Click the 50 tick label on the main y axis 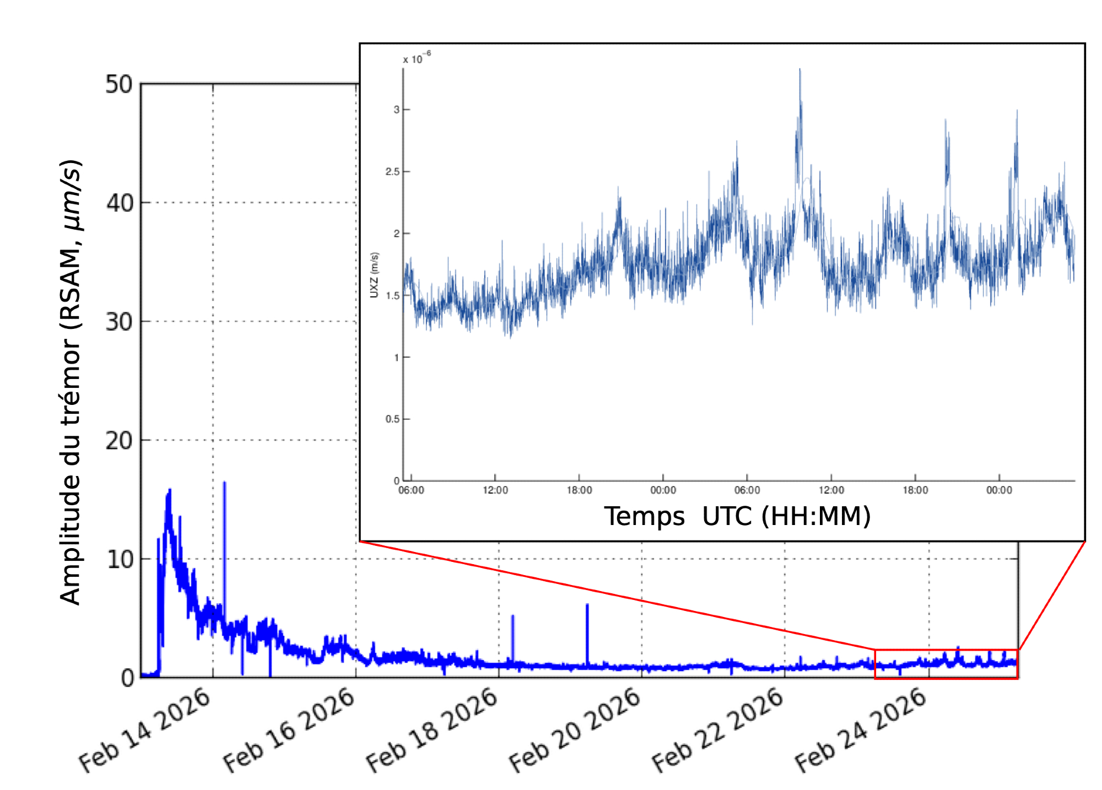tap(119, 85)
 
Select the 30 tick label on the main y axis tap(119, 322)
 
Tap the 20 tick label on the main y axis tap(119, 441)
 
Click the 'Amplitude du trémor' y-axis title tap(72, 383)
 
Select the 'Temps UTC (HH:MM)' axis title tap(737, 517)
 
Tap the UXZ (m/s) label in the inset tap(375, 275)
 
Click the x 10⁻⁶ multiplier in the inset tap(417, 58)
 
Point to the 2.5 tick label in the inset tap(392, 172)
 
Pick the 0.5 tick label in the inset tap(392, 419)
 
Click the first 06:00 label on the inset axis tap(411, 490)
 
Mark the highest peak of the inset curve tap(800, 71)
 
